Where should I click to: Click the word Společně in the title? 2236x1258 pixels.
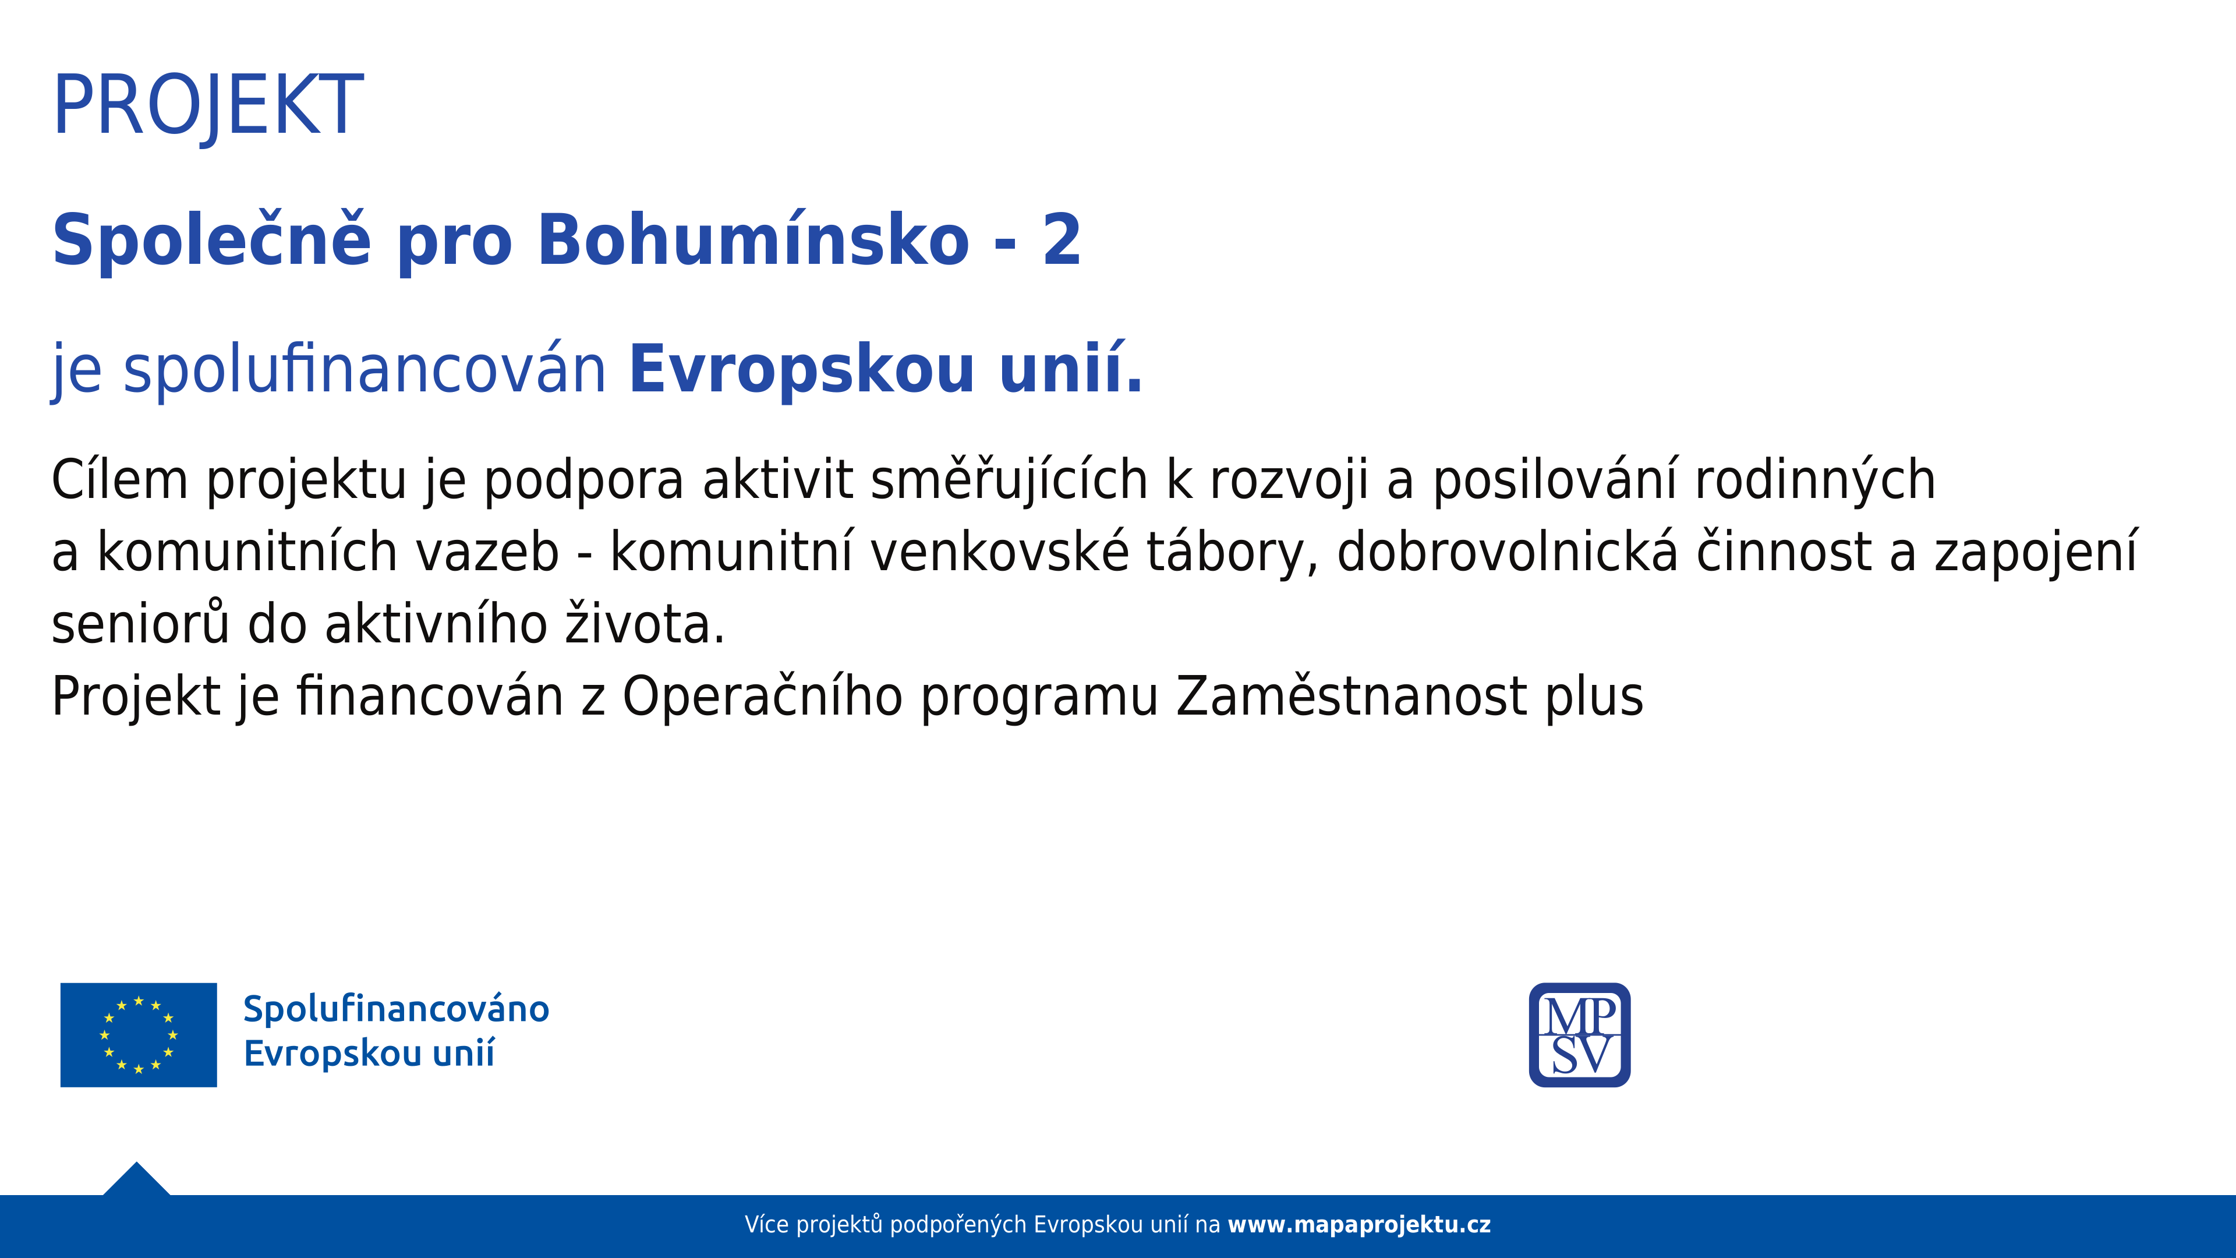(212, 241)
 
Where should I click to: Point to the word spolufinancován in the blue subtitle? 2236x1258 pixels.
(365, 370)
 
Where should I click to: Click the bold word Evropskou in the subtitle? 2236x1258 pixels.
(802, 370)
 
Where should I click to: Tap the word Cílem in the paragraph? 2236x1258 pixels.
(120, 479)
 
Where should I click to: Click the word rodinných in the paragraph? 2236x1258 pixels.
(1815, 480)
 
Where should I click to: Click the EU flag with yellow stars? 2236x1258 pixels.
(139, 1035)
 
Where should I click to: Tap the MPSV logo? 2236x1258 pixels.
(1580, 1035)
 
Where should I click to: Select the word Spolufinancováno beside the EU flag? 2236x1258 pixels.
(396, 1009)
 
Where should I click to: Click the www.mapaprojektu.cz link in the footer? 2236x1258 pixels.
(1359, 1225)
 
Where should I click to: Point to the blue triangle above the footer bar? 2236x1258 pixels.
(136, 1182)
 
